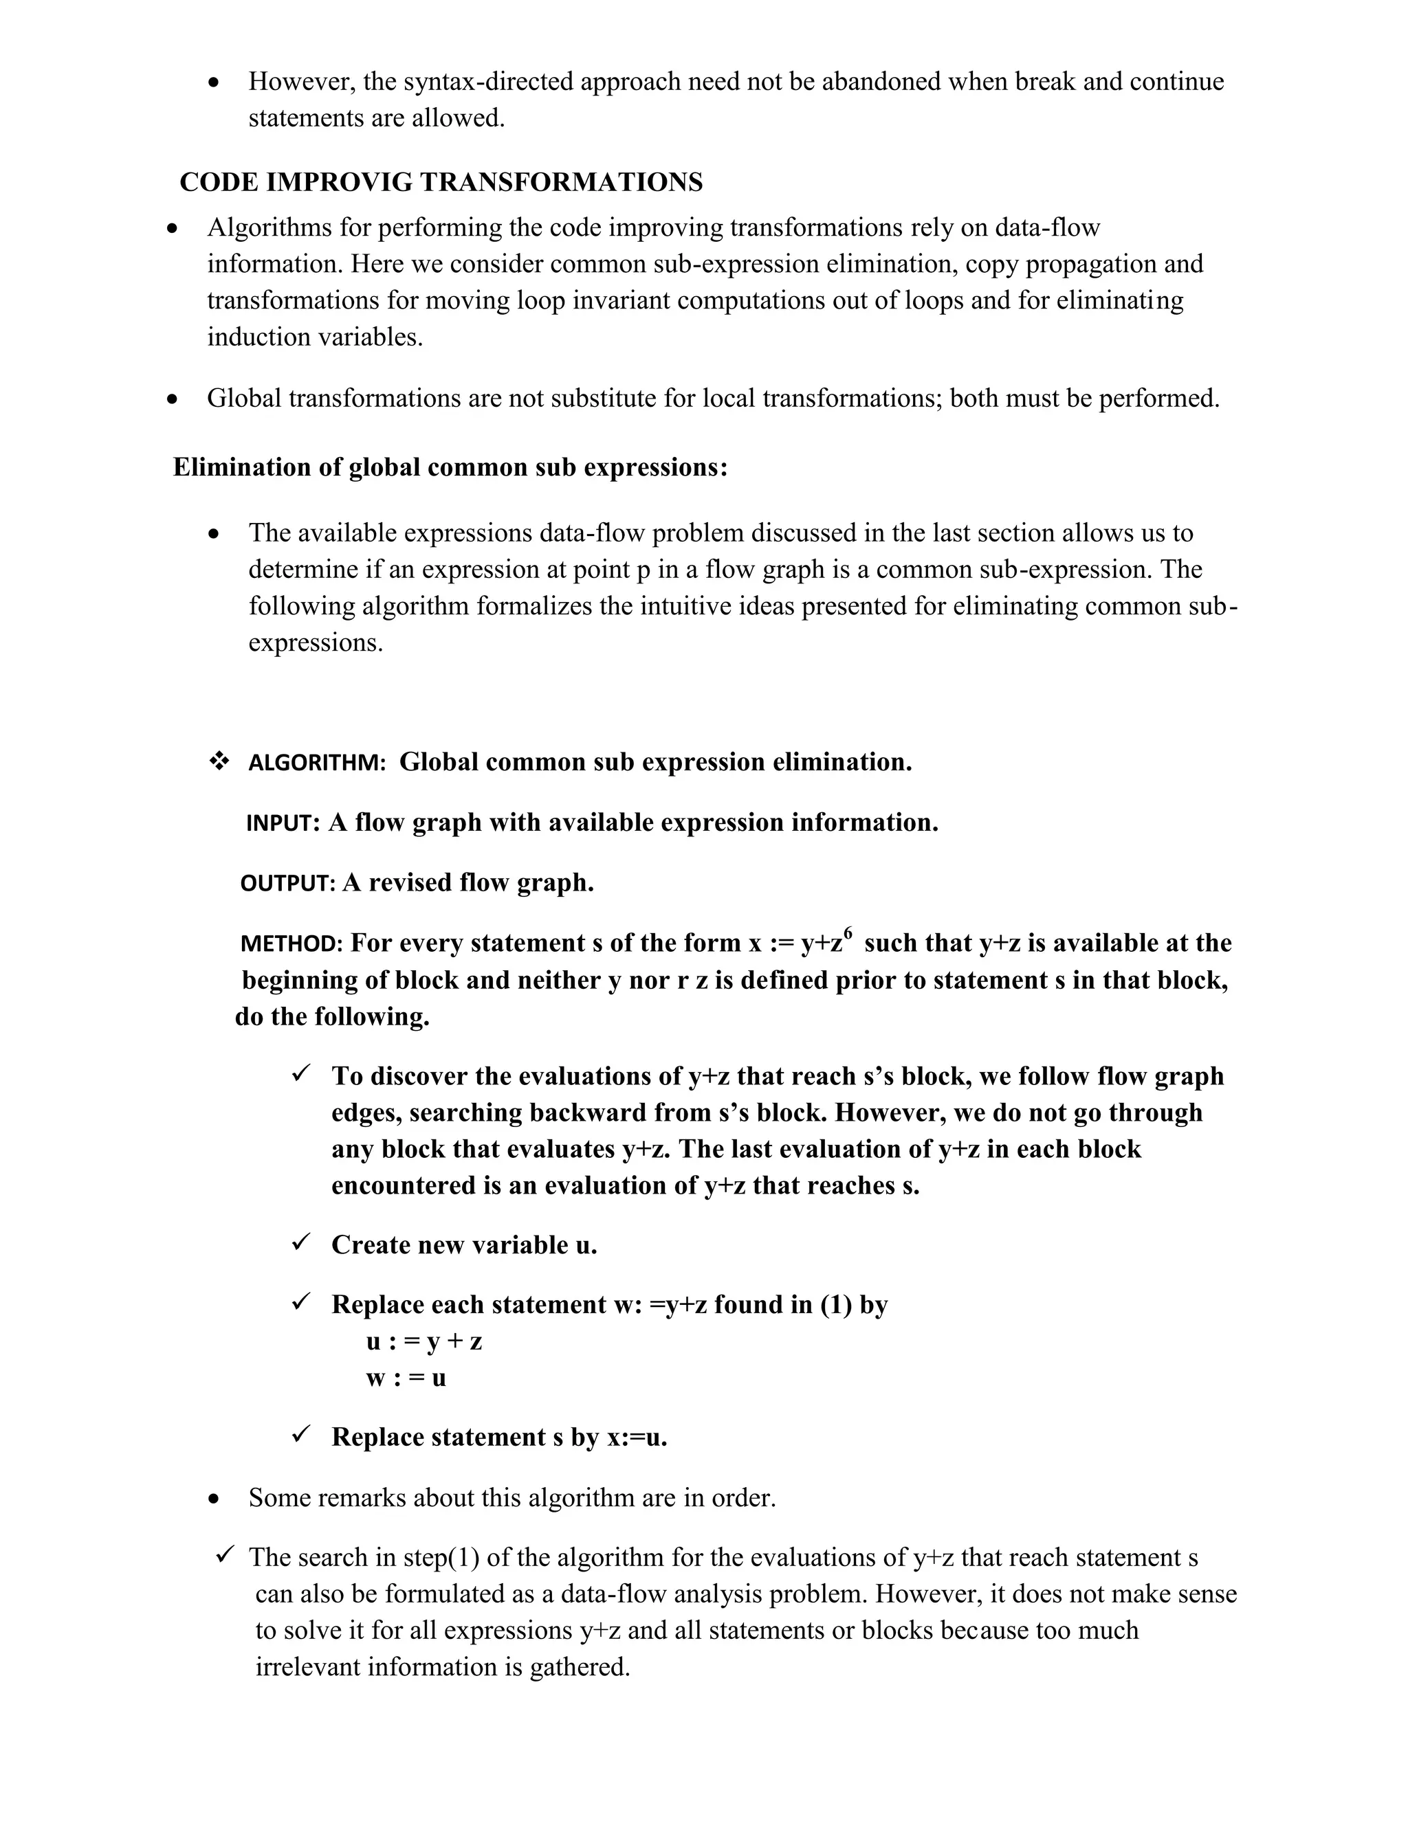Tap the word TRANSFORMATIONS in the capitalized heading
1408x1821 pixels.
pos(570,183)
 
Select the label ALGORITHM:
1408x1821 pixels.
pos(317,763)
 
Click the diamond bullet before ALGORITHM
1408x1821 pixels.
pos(219,761)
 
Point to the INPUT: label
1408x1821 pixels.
pos(283,824)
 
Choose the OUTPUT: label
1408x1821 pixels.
pos(287,884)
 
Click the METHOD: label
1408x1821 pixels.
pos(291,944)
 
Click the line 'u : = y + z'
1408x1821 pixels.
pos(423,1341)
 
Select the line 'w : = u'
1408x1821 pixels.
pos(406,1378)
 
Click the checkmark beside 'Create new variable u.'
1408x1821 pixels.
pos(301,1243)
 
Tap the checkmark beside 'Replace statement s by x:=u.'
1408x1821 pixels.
pos(301,1435)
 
